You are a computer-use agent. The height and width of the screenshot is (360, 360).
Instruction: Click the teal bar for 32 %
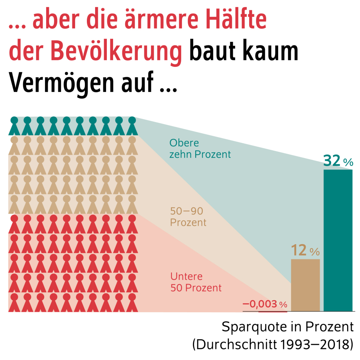tap(338, 240)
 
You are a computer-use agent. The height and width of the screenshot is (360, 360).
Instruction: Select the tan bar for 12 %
tap(305, 285)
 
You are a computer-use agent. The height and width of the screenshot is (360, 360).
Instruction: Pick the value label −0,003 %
tap(265, 304)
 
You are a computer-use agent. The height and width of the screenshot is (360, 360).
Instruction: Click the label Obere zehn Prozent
tap(200, 149)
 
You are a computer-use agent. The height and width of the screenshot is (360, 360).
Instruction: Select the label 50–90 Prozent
tap(188, 217)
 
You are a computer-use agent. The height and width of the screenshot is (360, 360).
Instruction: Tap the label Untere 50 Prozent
tap(196, 282)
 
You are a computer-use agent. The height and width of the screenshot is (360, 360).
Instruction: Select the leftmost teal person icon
tap(14, 126)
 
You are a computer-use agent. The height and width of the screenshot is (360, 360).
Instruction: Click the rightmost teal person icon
tap(131, 126)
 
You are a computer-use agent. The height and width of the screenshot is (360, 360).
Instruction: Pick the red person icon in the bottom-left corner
tap(14, 302)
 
